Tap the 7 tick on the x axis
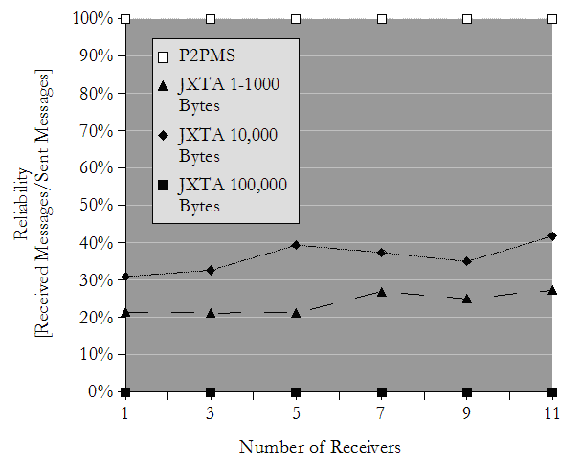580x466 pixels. tap(382, 412)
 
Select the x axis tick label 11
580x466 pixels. tap(552, 412)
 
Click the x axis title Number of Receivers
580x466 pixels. tap(320, 447)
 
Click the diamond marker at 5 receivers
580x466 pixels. tap(296, 245)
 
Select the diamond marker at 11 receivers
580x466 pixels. tap(552, 235)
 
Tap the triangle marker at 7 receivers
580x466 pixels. tap(382, 292)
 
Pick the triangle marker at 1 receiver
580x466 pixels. tap(125, 312)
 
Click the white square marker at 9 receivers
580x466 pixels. tap(467, 18)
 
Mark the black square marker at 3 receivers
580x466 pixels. tap(211, 392)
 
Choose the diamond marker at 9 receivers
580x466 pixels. tap(467, 261)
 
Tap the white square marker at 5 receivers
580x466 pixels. tap(296, 18)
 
